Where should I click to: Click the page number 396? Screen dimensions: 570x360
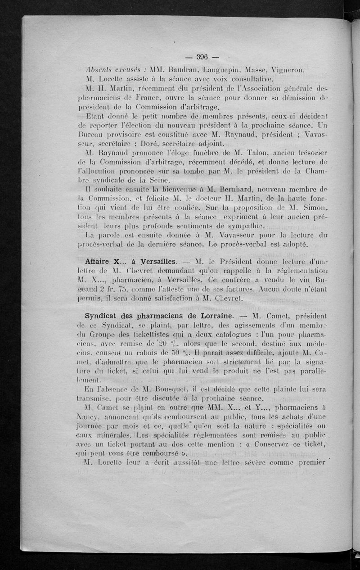pos(201,57)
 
